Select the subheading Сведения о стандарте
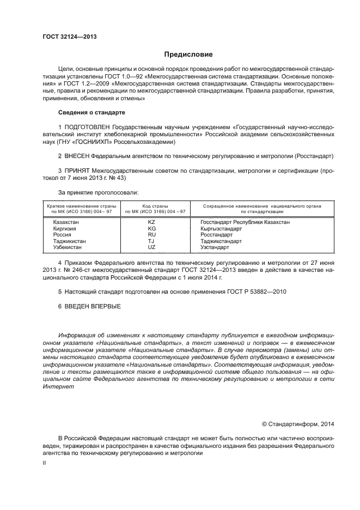91,112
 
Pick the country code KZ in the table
151,222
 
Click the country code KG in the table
151,229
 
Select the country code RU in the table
151,235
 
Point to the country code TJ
151,241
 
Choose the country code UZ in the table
151,247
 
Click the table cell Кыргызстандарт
221,229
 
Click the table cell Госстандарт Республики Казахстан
245,222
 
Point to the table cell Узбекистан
67,247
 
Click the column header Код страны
155,206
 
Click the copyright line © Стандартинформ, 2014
298,424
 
